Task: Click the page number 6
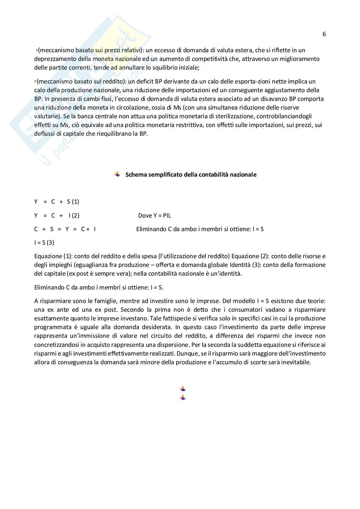[x=324, y=34]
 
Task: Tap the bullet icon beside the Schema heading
[x=117, y=174]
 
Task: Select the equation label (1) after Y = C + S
[x=75, y=202]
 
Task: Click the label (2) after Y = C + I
[x=75, y=216]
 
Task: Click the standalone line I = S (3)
[x=44, y=243]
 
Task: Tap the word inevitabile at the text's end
[x=295, y=362]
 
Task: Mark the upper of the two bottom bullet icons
[x=183, y=389]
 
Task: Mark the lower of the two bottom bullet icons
[x=183, y=398]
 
